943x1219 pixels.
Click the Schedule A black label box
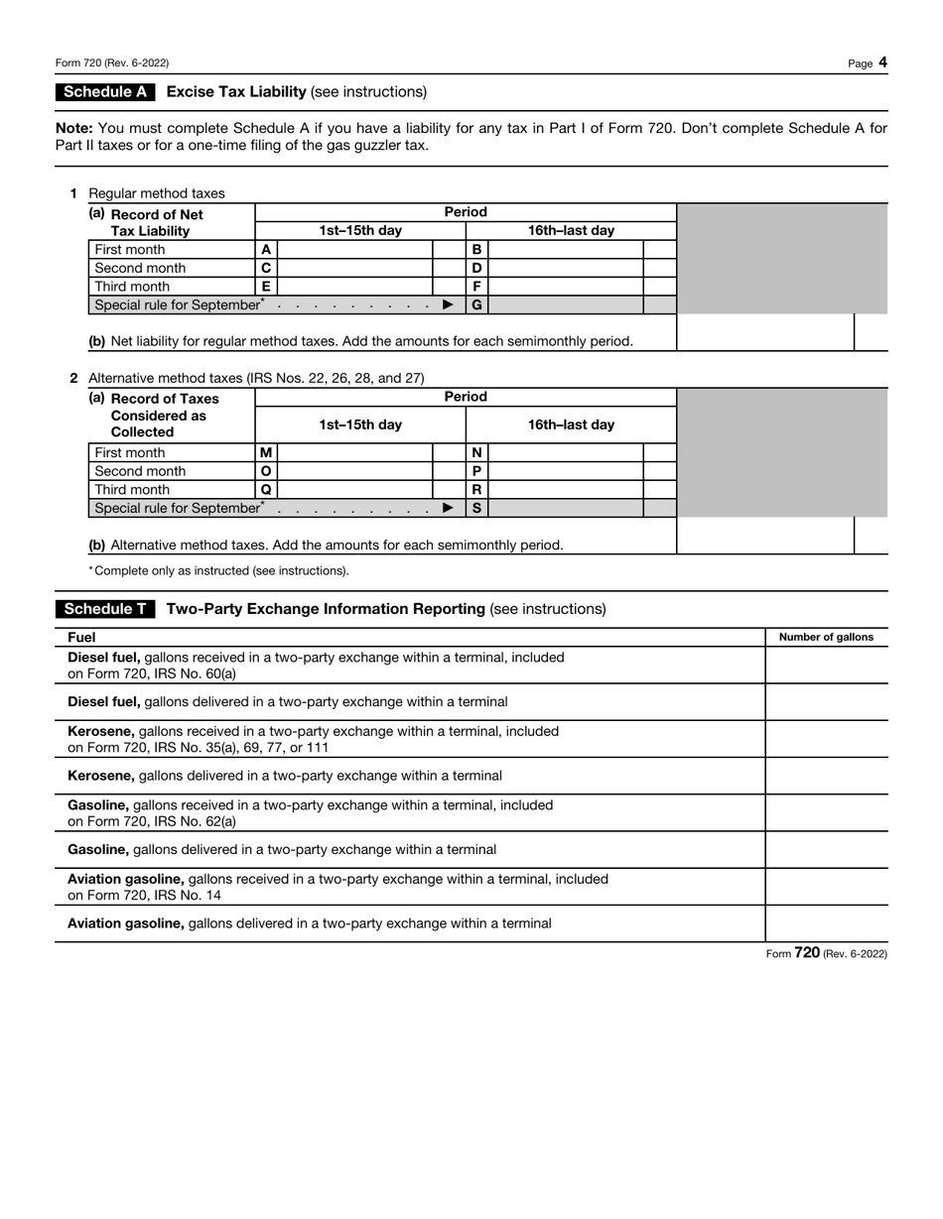click(x=105, y=92)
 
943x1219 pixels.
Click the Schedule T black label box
click(x=105, y=609)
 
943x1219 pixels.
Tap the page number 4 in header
click(x=882, y=62)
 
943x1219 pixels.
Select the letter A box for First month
click(x=266, y=250)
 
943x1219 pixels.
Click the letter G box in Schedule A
click(x=476, y=305)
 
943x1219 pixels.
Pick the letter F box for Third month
click(x=476, y=287)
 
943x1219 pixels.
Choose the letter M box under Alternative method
click(x=266, y=452)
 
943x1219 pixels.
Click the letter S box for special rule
click(x=476, y=508)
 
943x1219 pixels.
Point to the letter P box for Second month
click(x=476, y=471)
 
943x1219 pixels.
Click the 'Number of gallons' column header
click(x=826, y=637)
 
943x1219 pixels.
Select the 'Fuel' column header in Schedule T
click(x=81, y=637)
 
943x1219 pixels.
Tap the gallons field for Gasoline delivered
click(x=826, y=850)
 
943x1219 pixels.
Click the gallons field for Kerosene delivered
click(x=826, y=776)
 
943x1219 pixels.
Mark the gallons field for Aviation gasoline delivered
click(x=826, y=923)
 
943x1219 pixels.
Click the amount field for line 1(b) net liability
click(x=764, y=333)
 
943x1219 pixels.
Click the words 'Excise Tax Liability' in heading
click(x=236, y=92)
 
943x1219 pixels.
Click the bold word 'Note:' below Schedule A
click(x=74, y=128)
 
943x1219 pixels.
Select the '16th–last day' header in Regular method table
click(x=571, y=231)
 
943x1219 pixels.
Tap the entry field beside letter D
click(x=565, y=268)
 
